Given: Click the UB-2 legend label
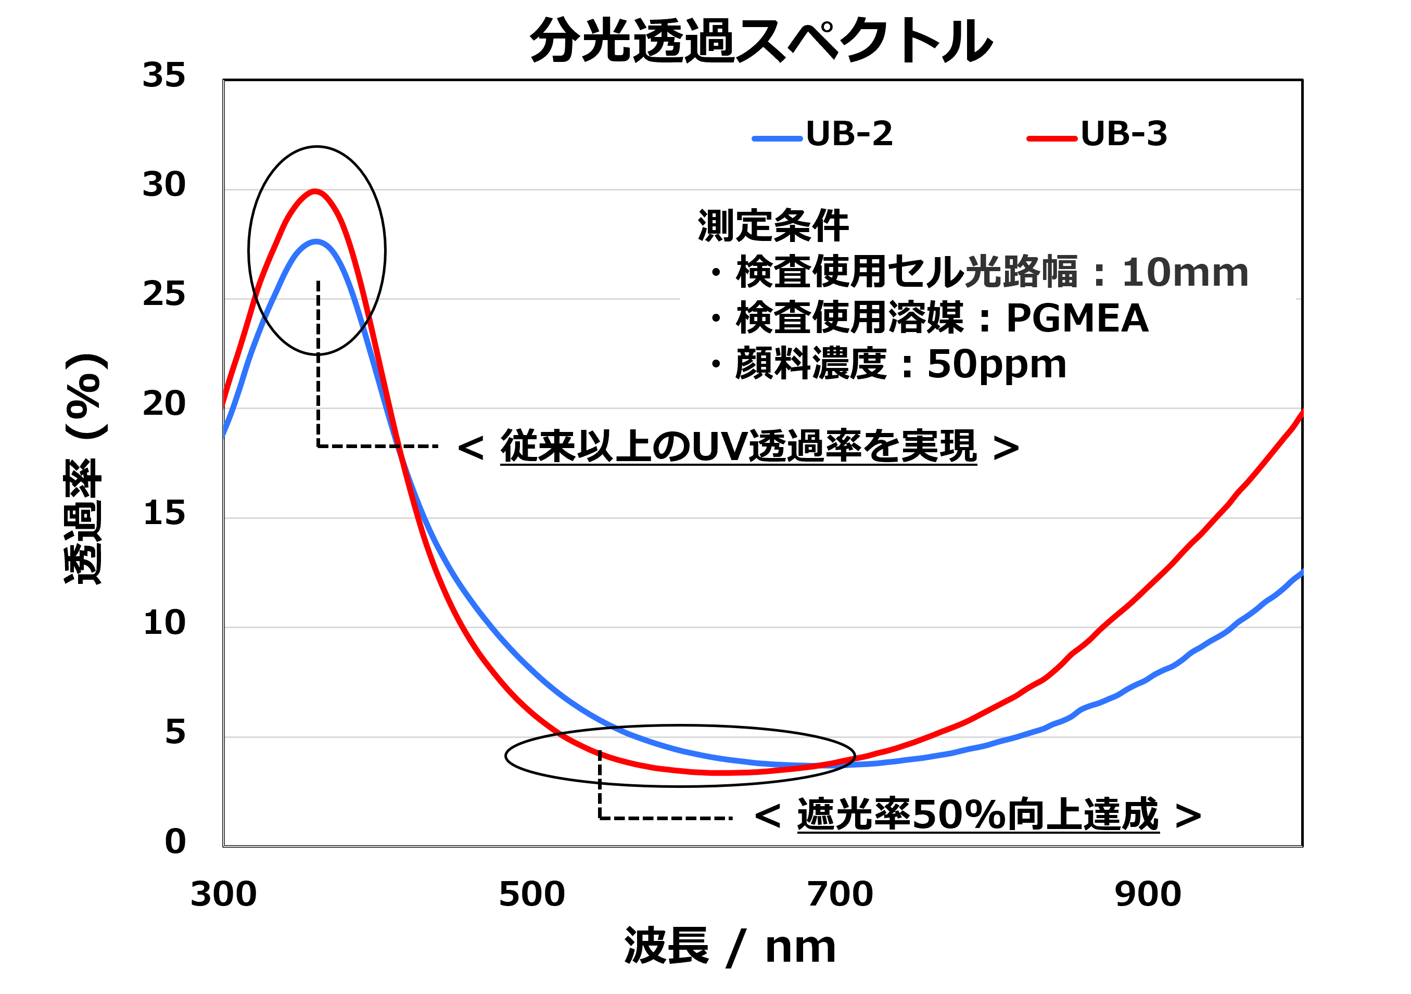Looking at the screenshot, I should point(849,134).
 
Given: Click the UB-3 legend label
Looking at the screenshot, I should point(1123,134).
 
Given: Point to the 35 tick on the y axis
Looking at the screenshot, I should point(163,75).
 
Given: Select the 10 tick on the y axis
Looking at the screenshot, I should point(163,623).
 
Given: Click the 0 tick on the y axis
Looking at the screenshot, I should point(175,842).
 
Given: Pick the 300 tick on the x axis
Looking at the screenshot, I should point(224,895).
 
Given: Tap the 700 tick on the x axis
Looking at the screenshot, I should point(840,895).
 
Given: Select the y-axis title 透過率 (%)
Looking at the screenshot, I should point(85,470).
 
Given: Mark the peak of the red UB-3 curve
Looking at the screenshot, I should point(315,191).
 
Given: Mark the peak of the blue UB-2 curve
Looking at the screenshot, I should point(316,241).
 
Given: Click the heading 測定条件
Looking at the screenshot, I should point(772,226).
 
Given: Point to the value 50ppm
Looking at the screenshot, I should point(996,364).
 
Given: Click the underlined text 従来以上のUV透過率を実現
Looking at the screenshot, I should point(738,446).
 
